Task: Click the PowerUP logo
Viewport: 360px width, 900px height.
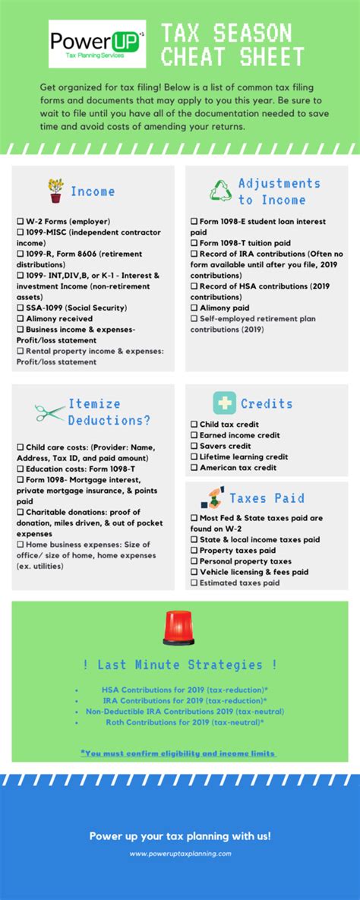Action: [96, 44]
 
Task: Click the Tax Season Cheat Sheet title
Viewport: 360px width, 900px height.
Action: [232, 45]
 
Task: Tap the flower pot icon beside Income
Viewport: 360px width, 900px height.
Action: [55, 190]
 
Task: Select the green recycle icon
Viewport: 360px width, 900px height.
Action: [221, 190]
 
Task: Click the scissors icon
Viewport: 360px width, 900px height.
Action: [50, 412]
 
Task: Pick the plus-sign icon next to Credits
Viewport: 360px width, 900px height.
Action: [223, 403]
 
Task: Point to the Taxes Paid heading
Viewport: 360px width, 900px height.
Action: [266, 498]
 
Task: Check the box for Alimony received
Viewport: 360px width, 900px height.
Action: [20, 319]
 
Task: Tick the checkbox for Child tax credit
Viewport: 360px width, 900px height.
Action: [194, 425]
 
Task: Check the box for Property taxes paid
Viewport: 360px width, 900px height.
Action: [194, 550]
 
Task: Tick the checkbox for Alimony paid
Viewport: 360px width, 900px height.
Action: [194, 308]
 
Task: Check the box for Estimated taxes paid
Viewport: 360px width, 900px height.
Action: [194, 583]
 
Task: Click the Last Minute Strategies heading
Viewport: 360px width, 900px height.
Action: [179, 665]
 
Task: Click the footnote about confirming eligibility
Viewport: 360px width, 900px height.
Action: [178, 753]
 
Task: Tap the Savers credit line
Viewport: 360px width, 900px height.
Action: [224, 446]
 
